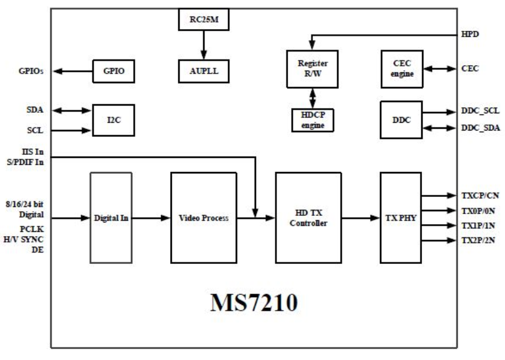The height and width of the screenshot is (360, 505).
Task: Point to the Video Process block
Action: [x=203, y=218]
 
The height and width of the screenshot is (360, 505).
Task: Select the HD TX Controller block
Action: [x=308, y=218]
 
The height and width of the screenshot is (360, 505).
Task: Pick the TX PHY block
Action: [x=400, y=218]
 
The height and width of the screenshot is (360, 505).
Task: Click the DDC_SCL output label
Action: [x=480, y=111]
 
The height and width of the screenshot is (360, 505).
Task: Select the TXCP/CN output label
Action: [x=481, y=195]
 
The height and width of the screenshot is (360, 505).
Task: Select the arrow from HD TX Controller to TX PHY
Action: [x=360, y=218]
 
